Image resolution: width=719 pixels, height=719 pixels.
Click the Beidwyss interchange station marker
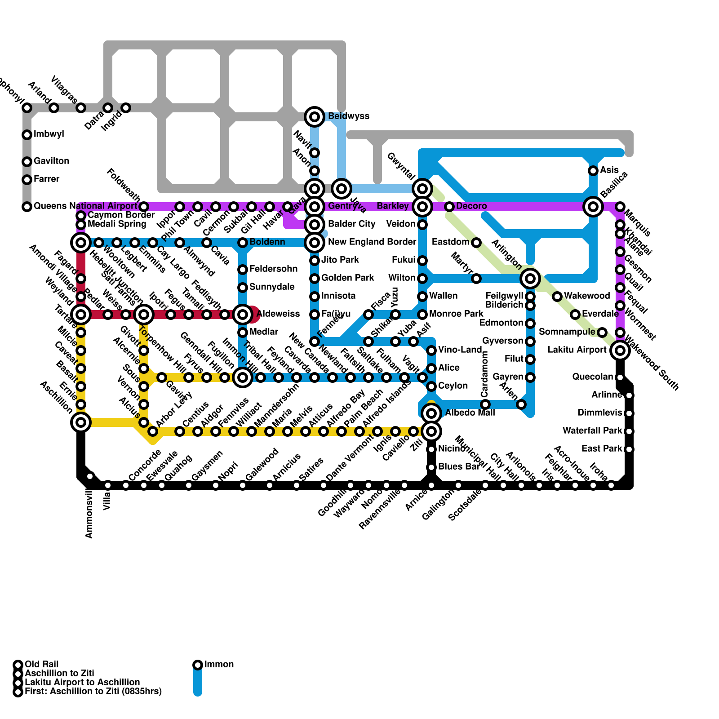point(315,117)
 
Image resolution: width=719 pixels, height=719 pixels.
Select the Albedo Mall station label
point(470,413)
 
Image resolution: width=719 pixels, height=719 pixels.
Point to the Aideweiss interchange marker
point(243,315)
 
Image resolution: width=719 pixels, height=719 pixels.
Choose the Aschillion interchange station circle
point(81,422)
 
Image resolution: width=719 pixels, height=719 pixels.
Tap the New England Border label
point(372,242)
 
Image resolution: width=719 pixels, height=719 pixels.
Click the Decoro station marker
point(449,207)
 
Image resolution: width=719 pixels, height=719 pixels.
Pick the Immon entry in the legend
point(219,665)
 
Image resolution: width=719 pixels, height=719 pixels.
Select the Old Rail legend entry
point(41,665)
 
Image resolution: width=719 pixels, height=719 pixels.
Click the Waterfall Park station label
point(592,431)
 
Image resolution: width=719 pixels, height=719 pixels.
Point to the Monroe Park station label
point(456,314)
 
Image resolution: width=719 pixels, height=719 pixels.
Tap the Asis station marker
point(593,171)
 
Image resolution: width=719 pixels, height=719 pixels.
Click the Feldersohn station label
point(273,269)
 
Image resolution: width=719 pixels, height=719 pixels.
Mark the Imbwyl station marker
point(27,135)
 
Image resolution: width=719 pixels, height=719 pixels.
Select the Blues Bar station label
point(458,467)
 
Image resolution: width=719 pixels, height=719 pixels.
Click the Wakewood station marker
point(557,297)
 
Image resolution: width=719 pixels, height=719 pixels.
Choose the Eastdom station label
point(450,242)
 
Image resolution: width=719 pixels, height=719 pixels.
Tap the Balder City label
point(351,224)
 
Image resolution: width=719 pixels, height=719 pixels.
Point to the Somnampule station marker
point(602,333)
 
